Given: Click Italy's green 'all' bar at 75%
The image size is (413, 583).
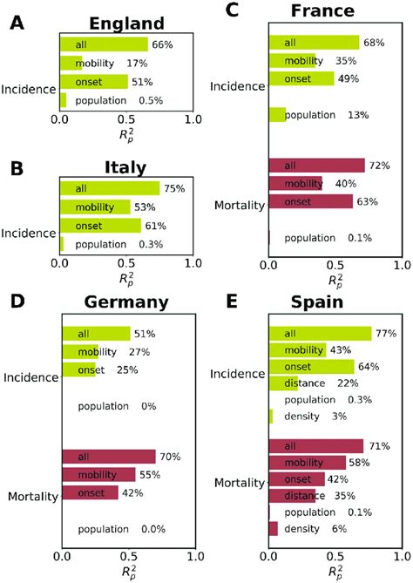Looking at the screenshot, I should tap(109, 188).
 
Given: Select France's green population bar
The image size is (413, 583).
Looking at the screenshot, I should tap(277, 114).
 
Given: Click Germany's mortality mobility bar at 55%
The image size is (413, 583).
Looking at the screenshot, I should tap(98, 474).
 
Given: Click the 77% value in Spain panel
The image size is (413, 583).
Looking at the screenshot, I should tap(386, 333).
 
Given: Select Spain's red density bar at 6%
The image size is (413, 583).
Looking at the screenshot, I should tap(274, 529).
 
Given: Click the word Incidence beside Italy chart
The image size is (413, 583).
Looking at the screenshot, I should tap(29, 234).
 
